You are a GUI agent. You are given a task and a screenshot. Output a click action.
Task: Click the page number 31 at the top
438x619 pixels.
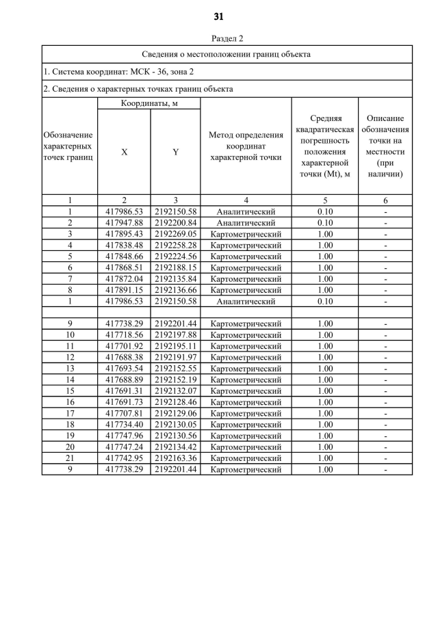pyautogui.click(x=219, y=16)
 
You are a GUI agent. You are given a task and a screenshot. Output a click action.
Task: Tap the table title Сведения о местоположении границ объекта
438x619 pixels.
pyautogui.click(x=227, y=54)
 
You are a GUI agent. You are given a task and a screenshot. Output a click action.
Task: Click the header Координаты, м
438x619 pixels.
pyautogui.click(x=149, y=103)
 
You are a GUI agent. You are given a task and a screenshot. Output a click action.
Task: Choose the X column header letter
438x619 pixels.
pyautogui.click(x=124, y=153)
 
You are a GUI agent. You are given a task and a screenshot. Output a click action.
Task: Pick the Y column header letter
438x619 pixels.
pyautogui.click(x=175, y=153)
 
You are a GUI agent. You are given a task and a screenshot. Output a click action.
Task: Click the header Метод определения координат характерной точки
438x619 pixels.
pyautogui.click(x=246, y=146)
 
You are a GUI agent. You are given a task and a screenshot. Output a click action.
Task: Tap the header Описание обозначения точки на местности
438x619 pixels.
pyautogui.click(x=385, y=146)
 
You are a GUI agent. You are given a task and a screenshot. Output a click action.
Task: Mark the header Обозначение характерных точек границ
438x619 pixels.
pyautogui.click(x=70, y=146)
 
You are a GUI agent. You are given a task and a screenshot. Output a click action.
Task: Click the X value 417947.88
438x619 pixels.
pyautogui.click(x=124, y=223)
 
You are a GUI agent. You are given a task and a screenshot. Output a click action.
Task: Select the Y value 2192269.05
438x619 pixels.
pyautogui.click(x=175, y=234)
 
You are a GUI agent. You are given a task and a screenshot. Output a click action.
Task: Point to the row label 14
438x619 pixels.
pyautogui.click(x=70, y=380)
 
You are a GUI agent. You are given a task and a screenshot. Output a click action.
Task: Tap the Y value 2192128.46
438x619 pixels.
pyautogui.click(x=175, y=402)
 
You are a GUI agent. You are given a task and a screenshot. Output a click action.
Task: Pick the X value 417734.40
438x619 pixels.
pyautogui.click(x=124, y=424)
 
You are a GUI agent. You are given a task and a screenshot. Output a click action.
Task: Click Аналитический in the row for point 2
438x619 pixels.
pyautogui.click(x=246, y=223)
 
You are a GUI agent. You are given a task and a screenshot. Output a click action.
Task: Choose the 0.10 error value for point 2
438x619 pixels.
pyautogui.click(x=325, y=223)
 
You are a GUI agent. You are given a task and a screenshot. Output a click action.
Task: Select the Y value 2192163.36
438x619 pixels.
pyautogui.click(x=175, y=458)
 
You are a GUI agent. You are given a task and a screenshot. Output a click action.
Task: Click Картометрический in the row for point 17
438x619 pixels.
pyautogui.click(x=246, y=413)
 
